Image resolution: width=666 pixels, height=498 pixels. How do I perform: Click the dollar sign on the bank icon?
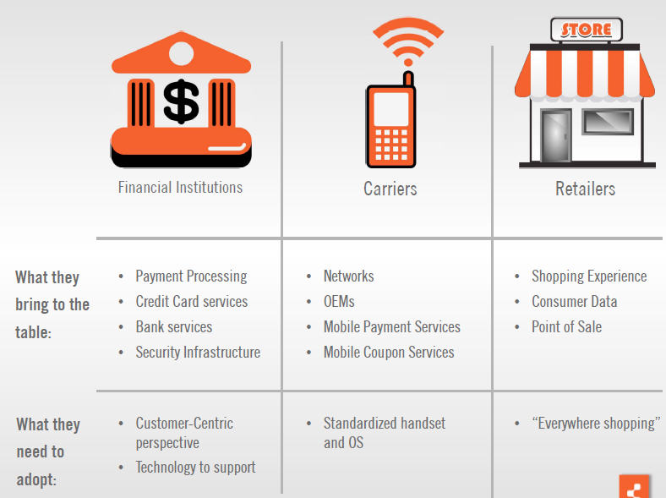click(182, 101)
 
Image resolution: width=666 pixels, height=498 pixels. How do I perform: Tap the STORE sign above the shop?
click(587, 30)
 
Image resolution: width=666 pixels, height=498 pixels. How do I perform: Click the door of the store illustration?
click(555, 135)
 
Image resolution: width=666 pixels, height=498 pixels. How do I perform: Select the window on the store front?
click(608, 122)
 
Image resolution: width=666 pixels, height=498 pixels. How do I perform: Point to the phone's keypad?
click(391, 145)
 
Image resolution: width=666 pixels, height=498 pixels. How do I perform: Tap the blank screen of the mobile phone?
click(391, 109)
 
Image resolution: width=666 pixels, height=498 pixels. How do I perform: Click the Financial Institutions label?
click(180, 188)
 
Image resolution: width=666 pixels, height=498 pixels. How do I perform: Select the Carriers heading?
click(390, 189)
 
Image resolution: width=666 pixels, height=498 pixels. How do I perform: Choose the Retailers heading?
click(586, 189)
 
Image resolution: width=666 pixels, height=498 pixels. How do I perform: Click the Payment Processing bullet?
click(191, 276)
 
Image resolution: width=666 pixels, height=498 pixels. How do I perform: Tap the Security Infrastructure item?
click(198, 353)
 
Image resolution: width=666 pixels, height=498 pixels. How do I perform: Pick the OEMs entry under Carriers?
click(339, 302)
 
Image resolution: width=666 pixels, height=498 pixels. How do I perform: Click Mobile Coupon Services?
click(389, 353)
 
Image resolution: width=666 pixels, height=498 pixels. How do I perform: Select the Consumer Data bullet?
click(574, 302)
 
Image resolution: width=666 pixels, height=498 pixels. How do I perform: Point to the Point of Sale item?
click(566, 327)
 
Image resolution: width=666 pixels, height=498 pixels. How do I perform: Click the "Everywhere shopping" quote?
click(597, 424)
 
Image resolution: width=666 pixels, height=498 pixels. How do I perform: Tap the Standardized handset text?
click(385, 424)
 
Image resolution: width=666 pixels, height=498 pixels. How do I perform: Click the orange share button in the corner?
click(635, 486)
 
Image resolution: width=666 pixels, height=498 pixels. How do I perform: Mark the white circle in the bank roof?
click(182, 53)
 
